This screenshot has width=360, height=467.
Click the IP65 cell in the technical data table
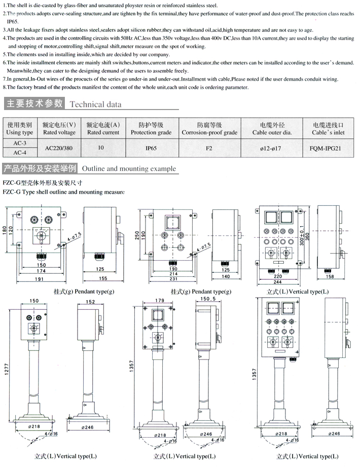point(151,148)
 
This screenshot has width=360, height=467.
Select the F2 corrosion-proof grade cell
point(209,148)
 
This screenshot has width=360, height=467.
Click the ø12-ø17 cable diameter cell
point(270,149)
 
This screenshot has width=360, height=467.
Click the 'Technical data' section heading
point(95,104)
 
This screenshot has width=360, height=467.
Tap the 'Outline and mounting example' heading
point(129,168)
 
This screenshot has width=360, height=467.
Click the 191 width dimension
point(40,278)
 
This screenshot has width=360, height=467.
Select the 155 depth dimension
point(102,278)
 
